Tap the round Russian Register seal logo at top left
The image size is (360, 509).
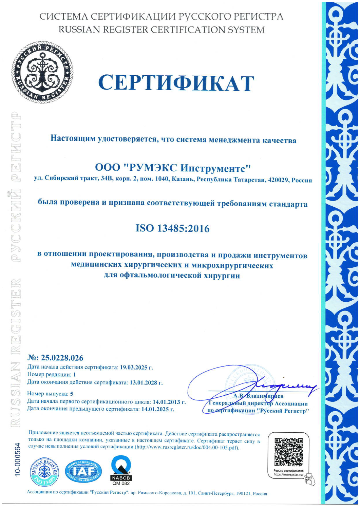click(42, 72)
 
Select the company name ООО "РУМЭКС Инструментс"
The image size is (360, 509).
click(173, 168)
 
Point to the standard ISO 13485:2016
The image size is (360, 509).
click(172, 228)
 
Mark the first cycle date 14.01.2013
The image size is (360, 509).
click(169, 402)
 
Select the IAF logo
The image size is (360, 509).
click(83, 472)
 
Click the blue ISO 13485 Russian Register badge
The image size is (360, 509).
click(45, 472)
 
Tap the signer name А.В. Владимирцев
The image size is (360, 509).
click(258, 396)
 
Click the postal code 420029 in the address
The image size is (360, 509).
click(277, 180)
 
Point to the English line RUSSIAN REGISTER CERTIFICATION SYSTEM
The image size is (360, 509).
click(162, 30)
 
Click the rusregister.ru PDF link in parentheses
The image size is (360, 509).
click(187, 447)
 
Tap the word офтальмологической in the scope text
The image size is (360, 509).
click(160, 276)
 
